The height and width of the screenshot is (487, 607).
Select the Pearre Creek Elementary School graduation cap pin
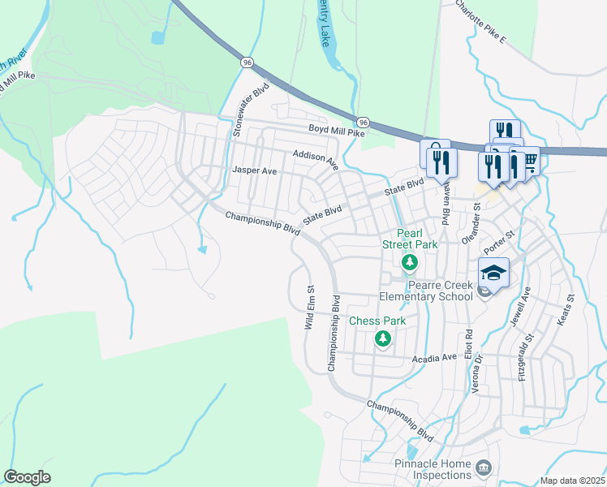pos(493,273)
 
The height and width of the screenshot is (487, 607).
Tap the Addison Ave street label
pos(316,158)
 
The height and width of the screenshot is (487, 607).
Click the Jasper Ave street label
pos(255,171)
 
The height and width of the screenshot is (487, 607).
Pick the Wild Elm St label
pos(309,306)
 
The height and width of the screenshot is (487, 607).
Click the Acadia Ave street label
pos(435,358)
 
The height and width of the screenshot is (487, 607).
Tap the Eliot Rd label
pos(468,346)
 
